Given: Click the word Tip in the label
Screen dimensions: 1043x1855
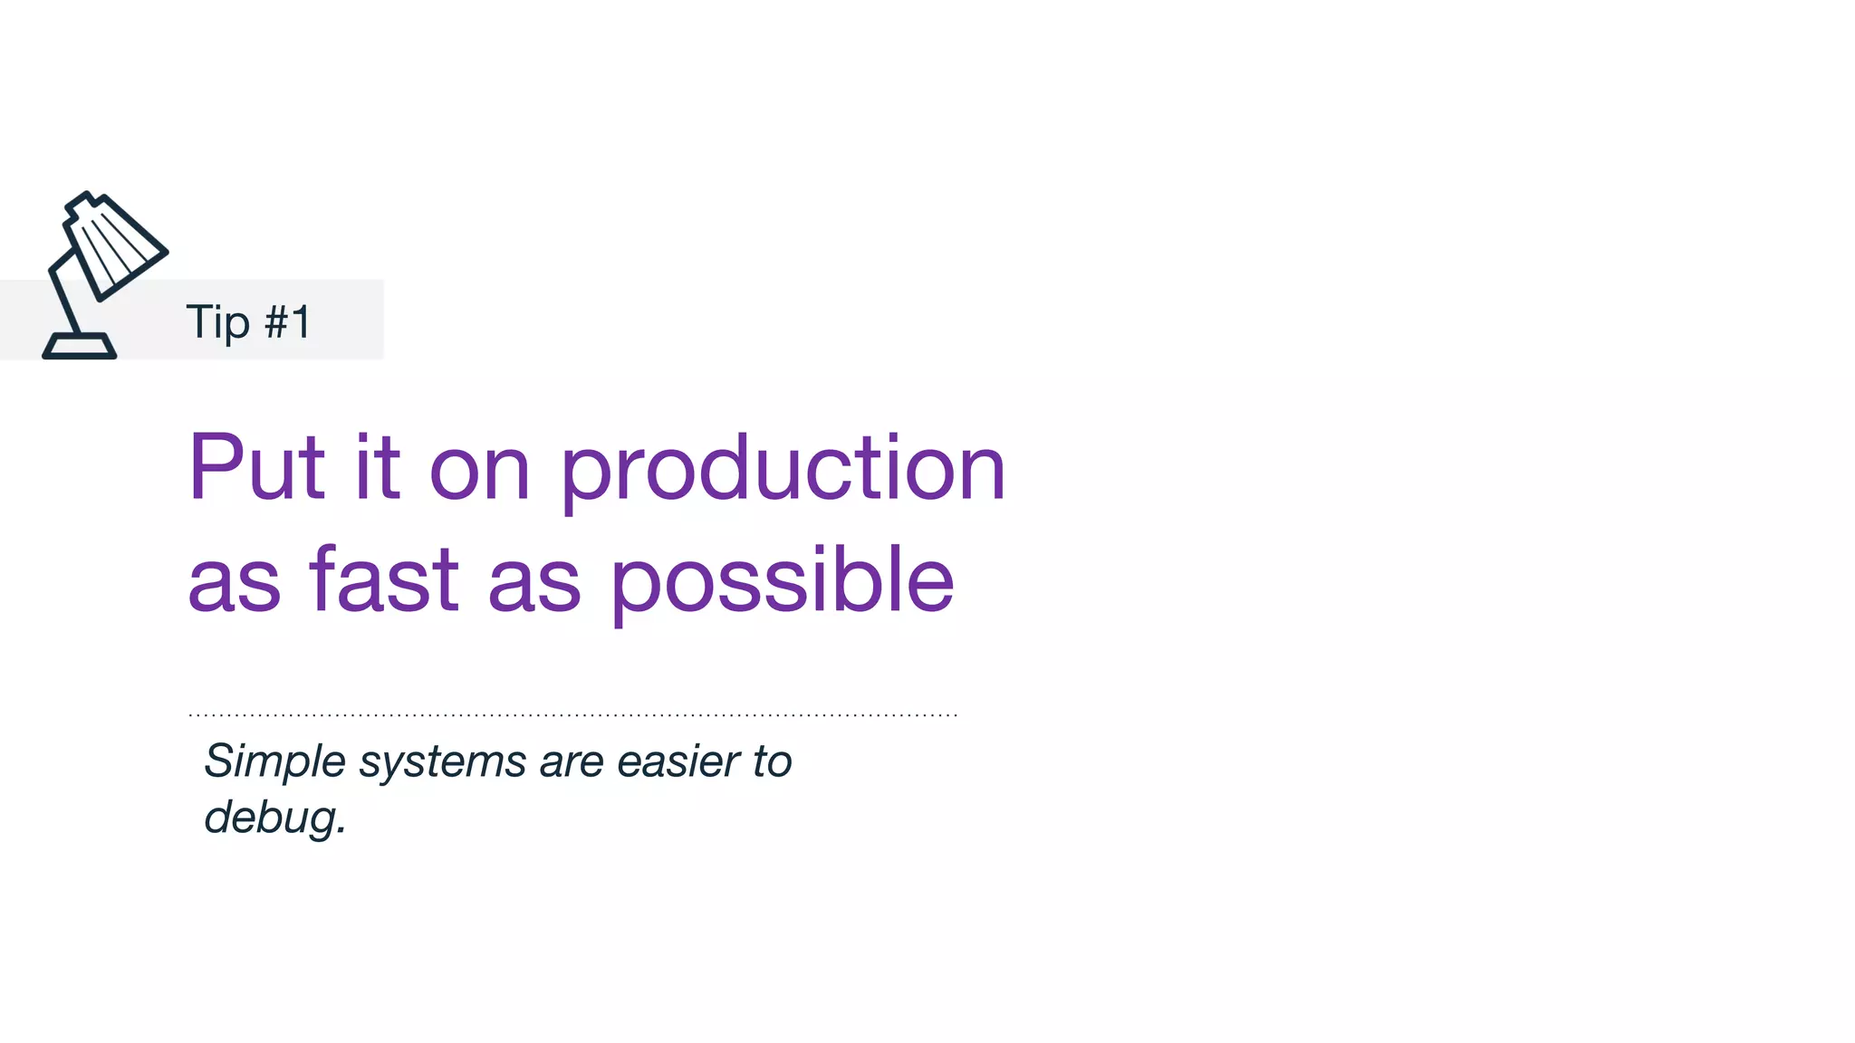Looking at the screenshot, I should [217, 323].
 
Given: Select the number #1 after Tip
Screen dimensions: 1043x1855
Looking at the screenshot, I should [288, 322].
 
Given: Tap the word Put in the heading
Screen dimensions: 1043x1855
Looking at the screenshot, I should [255, 468].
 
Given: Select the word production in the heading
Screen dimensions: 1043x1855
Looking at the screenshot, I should [783, 470].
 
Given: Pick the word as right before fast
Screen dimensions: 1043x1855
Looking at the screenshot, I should [234, 582].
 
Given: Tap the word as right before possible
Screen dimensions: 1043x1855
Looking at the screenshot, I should [533, 582].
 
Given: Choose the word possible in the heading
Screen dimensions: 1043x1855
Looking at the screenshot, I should [783, 580].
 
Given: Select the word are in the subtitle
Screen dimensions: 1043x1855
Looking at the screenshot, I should [572, 762].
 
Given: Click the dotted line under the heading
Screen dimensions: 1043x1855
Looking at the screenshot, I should [572, 714].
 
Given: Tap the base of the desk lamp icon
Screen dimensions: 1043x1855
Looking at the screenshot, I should [80, 347].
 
